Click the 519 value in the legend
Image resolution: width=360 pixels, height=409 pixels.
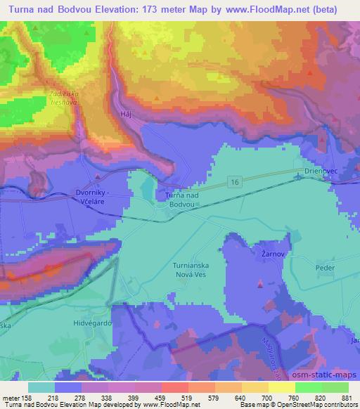tap(170, 397)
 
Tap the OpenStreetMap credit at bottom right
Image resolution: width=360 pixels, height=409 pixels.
tap(320, 405)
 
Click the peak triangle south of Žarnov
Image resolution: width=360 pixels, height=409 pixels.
tap(260, 285)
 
